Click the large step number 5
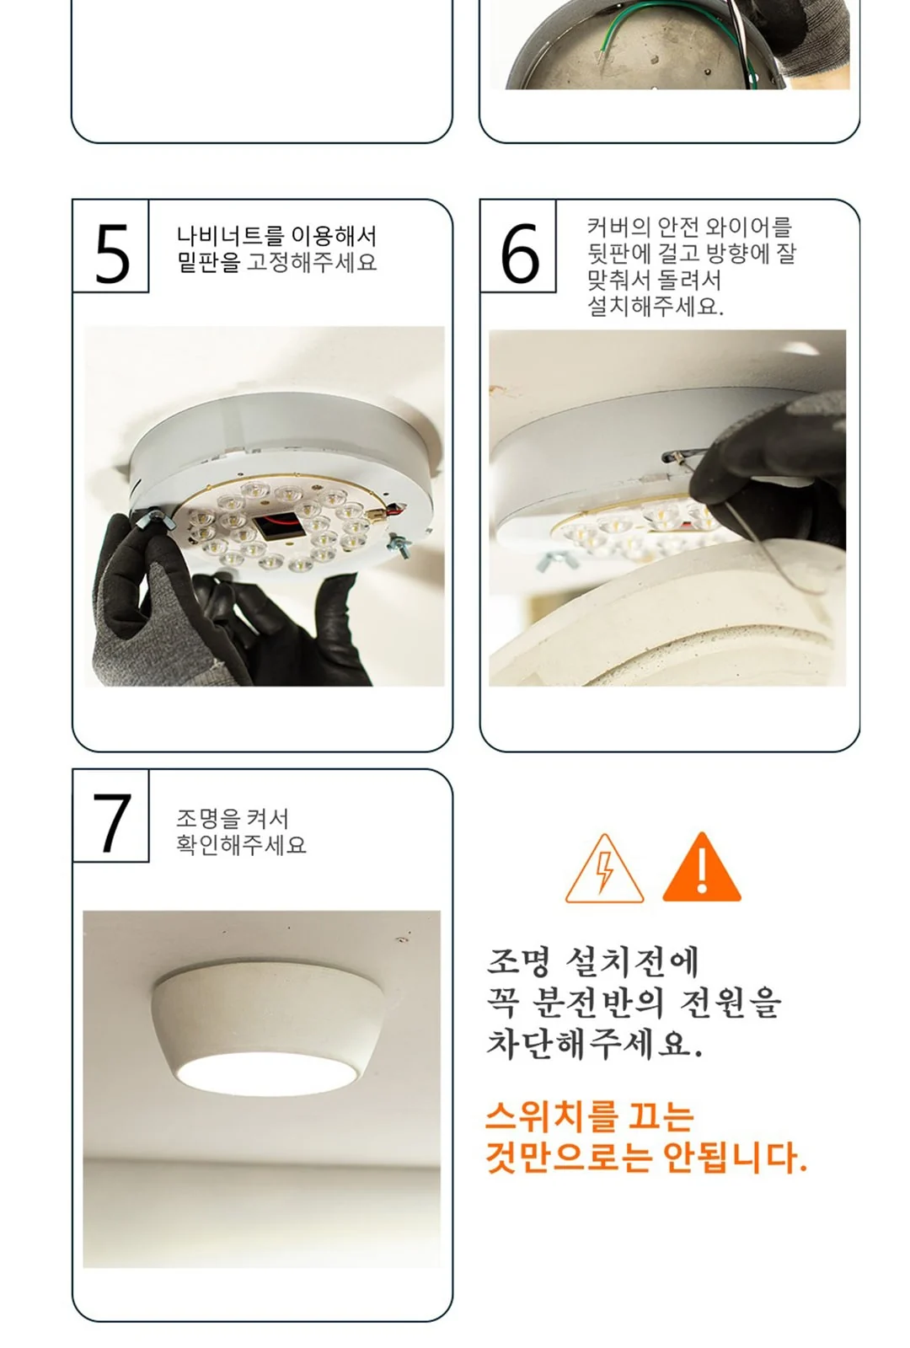tap(113, 254)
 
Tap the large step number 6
tap(520, 254)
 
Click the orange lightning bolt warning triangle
tap(604, 869)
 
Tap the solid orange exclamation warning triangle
tap(702, 867)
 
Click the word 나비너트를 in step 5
tap(229, 235)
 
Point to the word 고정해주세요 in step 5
tap(312, 262)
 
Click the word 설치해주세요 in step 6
tap(655, 307)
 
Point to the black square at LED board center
tap(278, 527)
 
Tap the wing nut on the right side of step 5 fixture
tap(401, 544)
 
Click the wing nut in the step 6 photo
tap(553, 559)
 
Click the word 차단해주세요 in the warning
tap(594, 1044)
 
